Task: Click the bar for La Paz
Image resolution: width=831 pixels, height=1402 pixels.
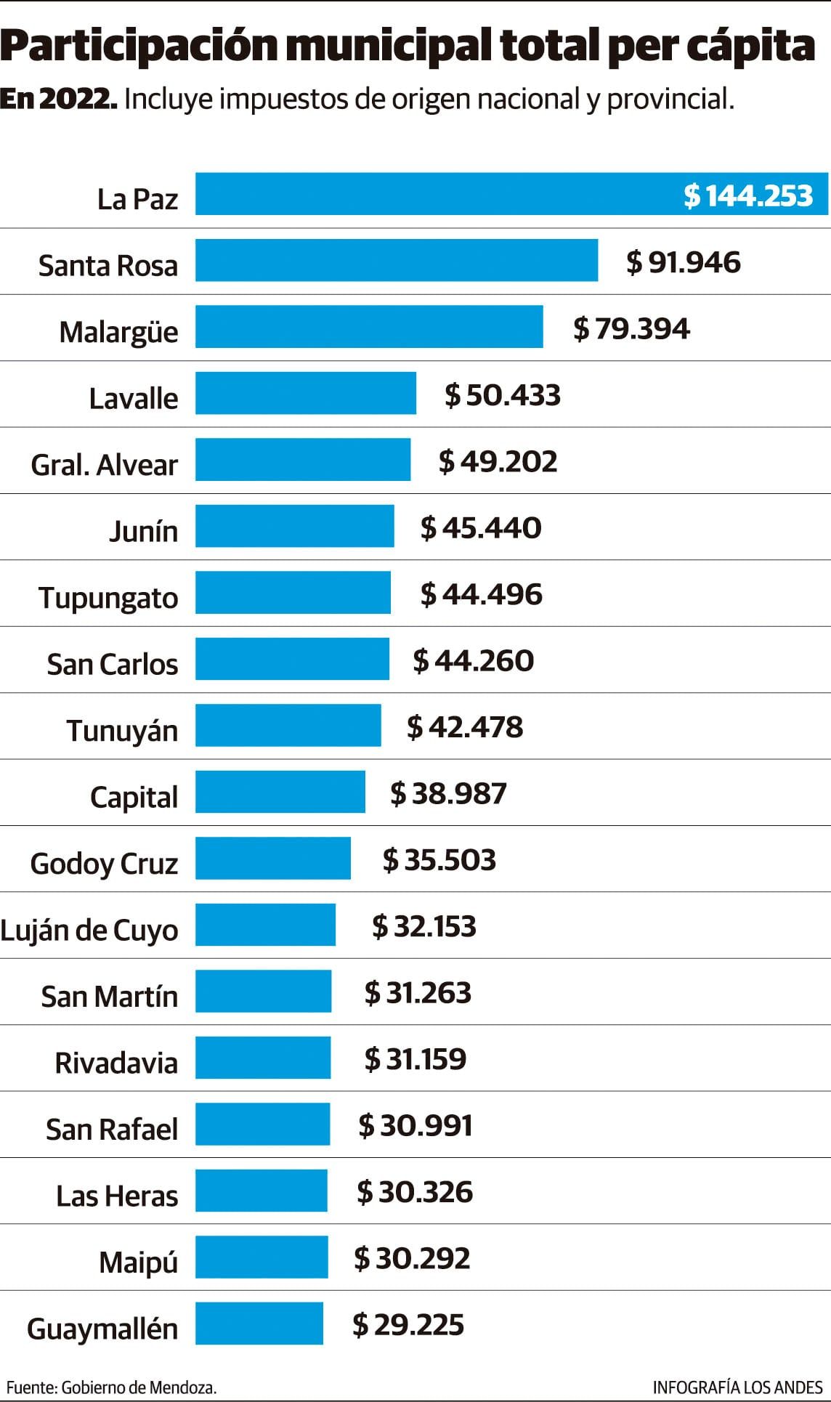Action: pos(436,194)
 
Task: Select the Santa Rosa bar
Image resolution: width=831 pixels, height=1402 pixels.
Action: pos(396,260)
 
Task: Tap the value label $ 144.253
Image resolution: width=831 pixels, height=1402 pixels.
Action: pos(747,195)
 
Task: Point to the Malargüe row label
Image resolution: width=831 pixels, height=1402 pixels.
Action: pos(118,332)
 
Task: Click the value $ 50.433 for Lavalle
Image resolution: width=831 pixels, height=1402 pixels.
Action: pos(503,395)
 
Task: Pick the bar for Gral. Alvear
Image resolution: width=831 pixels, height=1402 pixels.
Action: pos(302,459)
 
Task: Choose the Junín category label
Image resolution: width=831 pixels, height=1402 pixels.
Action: pos(143,531)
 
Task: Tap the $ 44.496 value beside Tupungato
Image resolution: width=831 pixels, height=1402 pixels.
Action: pos(481,594)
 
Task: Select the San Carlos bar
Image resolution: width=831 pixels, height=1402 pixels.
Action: pos(292,659)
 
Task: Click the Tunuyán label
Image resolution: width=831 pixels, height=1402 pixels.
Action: pos(122,730)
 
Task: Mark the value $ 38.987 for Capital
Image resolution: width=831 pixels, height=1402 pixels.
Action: pos(448,793)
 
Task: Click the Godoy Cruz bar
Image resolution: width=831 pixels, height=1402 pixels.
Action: pos(272,858)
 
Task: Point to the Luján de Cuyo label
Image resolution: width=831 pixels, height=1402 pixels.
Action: pos(89,930)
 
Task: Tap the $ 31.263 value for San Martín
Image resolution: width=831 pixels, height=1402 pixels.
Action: pos(418,992)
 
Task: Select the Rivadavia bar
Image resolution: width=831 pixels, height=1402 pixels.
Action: pos(262,1058)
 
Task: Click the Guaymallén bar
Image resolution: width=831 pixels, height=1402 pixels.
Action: pos(259,1324)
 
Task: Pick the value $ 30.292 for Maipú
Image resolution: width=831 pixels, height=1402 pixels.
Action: pos(412,1258)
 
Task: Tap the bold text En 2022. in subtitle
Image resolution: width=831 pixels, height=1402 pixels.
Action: pos(58,99)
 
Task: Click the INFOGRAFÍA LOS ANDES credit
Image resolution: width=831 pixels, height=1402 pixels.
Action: pos(737,1387)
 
